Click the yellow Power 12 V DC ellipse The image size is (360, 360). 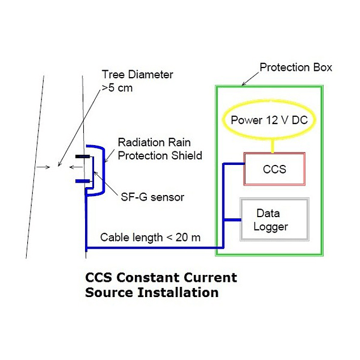(273, 120)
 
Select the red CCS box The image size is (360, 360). (274, 169)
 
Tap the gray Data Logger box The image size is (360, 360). (274, 219)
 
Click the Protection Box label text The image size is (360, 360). (296, 67)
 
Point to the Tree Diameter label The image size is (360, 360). (137, 74)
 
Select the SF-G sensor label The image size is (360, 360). (153, 197)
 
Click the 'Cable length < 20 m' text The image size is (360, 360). (150, 238)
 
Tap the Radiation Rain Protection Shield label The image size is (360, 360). (159, 149)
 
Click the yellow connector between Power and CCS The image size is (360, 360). (273, 146)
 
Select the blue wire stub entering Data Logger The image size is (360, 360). (232, 219)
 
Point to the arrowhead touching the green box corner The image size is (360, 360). (243, 83)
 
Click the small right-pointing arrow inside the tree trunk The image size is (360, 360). (40, 167)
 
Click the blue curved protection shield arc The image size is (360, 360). (102, 170)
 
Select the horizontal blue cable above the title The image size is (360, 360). (153, 248)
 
